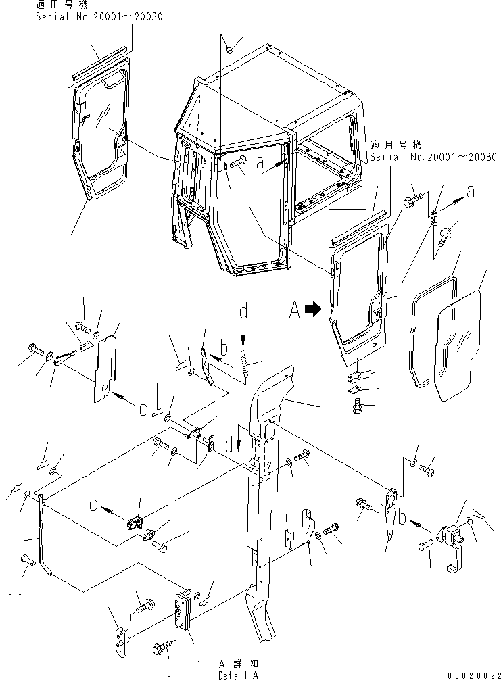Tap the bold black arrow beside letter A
click(x=312, y=310)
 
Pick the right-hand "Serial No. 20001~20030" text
click(x=433, y=157)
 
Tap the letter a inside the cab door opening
click(x=260, y=163)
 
